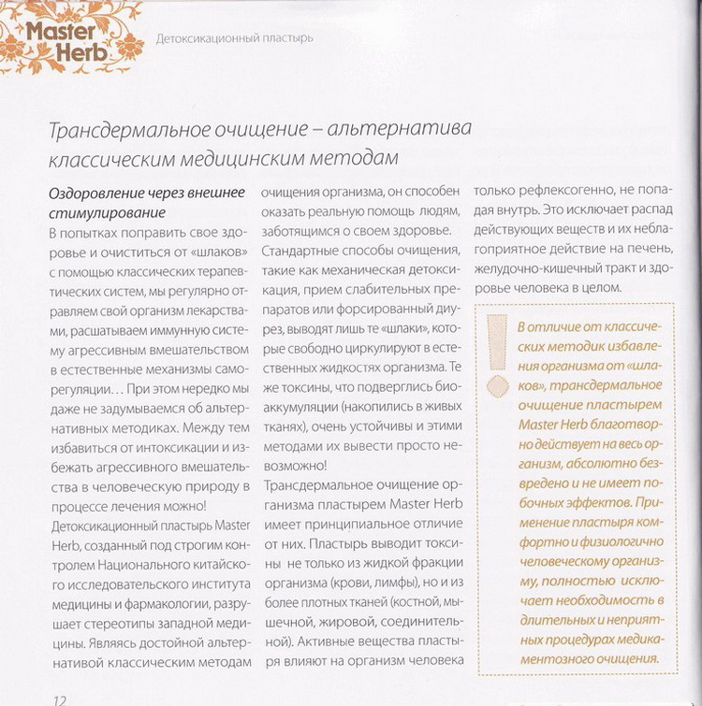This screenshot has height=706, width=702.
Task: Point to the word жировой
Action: click(x=359, y=604)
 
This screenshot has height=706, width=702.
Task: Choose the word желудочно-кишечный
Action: click(x=553, y=267)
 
